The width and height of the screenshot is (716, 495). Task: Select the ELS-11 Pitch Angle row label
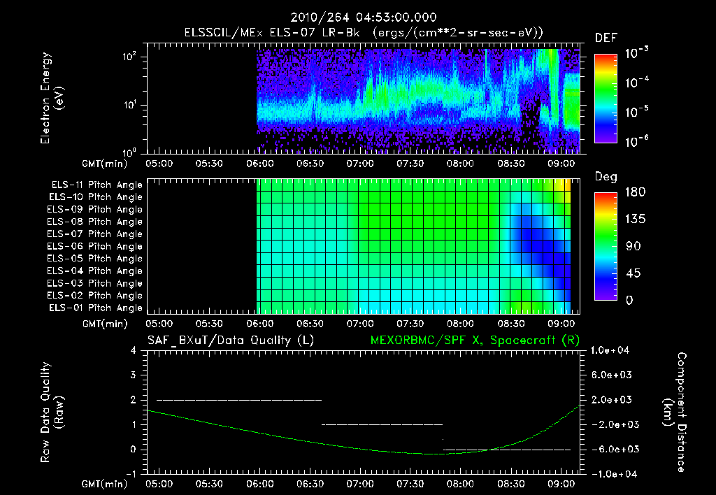[x=96, y=185]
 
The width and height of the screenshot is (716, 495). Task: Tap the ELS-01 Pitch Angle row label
[x=96, y=308]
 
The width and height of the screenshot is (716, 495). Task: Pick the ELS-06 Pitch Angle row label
[x=96, y=246]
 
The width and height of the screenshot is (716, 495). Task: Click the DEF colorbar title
[x=605, y=38]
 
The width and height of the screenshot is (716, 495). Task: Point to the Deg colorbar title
[x=605, y=178]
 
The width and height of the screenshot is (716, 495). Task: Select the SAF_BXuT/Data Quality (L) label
[x=230, y=340]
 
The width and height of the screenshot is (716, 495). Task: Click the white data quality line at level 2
[x=238, y=400]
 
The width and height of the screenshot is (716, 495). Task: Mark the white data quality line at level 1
[x=381, y=424]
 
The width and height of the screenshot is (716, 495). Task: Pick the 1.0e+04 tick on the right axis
[x=611, y=350]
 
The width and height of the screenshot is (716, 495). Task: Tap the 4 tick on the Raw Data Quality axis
[x=133, y=350]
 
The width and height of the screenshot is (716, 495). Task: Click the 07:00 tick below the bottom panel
[x=360, y=484]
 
